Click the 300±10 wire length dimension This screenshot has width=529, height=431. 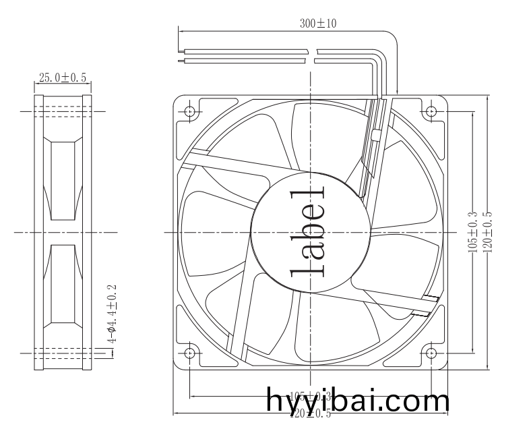(318, 23)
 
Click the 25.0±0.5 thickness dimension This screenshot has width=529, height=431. (63, 78)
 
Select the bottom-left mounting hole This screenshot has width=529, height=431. (190, 352)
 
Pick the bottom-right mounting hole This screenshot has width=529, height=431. (431, 352)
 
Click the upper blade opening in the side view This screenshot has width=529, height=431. (63, 181)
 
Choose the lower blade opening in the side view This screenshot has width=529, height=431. (63, 283)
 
